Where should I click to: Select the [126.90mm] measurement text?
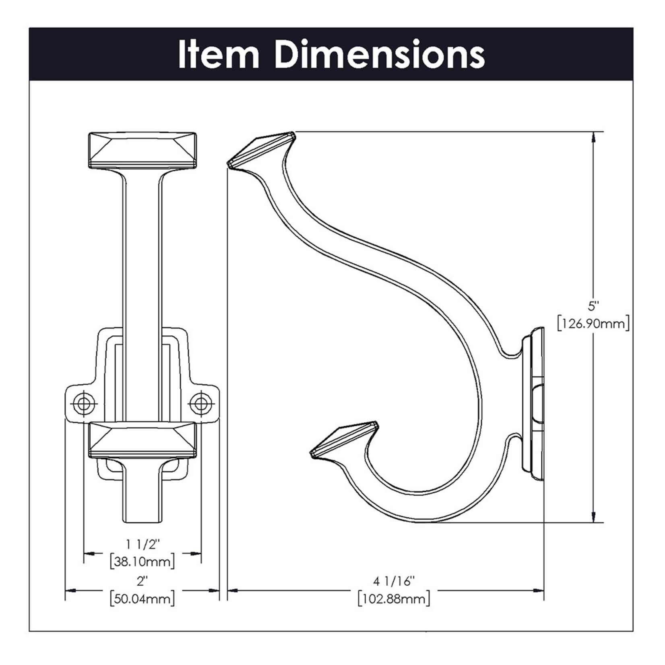593,323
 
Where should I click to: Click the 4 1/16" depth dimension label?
393,581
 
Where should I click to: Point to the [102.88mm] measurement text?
393,599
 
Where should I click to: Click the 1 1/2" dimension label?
142,544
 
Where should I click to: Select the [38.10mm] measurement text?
142,561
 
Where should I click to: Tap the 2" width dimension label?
142,581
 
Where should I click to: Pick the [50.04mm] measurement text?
142,599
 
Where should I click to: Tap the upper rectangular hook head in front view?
142,150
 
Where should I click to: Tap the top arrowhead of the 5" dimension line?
593,137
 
